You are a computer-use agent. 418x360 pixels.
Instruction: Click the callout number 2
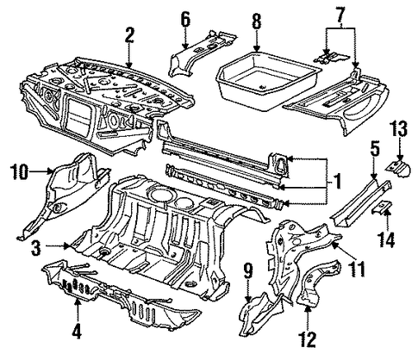128,36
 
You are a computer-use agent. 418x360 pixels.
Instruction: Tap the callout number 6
185,20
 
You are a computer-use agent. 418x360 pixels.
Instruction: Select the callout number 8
257,21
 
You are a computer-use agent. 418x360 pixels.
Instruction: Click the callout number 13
398,128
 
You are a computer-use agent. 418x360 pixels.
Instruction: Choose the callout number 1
337,182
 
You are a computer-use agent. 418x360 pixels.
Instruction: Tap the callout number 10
20,171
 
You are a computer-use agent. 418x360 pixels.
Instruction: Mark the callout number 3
35,247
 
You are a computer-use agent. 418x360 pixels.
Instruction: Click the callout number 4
77,332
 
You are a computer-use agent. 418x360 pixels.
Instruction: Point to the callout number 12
308,339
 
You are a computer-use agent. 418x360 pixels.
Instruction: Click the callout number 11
357,269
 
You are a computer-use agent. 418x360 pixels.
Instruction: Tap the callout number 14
386,239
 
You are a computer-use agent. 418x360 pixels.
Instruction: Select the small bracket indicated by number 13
399,169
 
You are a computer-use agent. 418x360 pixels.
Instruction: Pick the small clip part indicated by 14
382,208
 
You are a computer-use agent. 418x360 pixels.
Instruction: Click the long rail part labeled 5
360,202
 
